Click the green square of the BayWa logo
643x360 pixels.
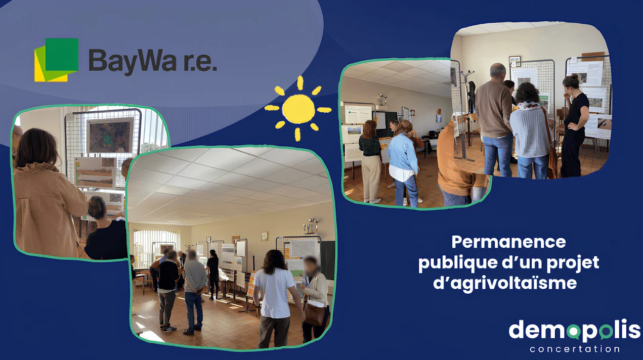62,55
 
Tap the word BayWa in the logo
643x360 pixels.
133,61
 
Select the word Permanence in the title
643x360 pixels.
508,242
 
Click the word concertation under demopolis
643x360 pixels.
574,349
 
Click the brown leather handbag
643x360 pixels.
315,314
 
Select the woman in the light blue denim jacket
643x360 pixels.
404,163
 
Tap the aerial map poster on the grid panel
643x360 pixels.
110,136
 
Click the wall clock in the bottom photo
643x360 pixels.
265,236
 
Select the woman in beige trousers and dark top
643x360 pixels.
370,161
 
